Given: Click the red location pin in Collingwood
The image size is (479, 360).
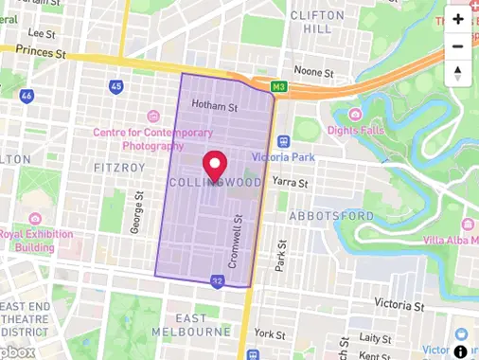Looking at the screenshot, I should click(216, 164).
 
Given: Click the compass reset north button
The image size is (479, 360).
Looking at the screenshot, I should click(458, 73).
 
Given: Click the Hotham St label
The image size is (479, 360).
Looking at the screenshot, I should click(214, 106).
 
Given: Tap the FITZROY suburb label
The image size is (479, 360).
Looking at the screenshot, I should click(119, 167).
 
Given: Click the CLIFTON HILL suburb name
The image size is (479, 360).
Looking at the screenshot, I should click(324, 23).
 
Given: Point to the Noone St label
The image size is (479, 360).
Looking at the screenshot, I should click(314, 72).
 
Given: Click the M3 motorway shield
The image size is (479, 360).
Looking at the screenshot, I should click(279, 86).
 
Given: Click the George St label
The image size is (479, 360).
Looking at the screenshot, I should click(137, 211).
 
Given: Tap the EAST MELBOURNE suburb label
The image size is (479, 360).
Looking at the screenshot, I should click(190, 324).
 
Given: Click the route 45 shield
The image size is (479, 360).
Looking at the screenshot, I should click(116, 86).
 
